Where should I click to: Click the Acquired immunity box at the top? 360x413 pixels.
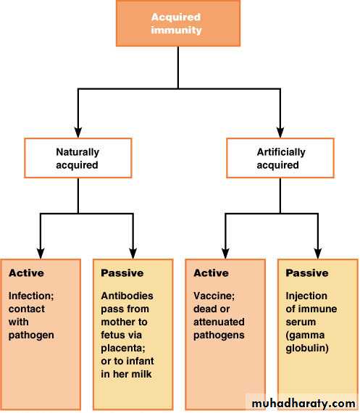point(178,23)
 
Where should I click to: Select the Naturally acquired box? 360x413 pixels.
point(78,158)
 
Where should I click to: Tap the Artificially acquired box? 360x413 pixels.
point(280,158)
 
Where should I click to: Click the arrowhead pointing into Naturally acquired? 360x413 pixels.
point(78,133)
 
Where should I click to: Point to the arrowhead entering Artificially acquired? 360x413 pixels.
point(280,133)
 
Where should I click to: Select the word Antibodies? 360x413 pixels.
point(127,296)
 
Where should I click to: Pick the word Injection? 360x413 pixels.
point(306,296)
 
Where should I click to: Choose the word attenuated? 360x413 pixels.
point(219,322)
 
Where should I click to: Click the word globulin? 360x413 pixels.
point(307,349)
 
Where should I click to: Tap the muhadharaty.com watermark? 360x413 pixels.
point(304,404)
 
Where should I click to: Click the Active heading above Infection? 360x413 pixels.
point(26,273)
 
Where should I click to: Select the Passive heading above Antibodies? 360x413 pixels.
point(122,273)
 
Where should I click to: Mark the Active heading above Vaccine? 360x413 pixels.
point(211,273)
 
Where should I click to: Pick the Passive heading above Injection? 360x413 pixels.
point(307,273)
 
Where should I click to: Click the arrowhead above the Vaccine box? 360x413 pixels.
point(225,254)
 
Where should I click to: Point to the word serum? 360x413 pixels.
point(301,322)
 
